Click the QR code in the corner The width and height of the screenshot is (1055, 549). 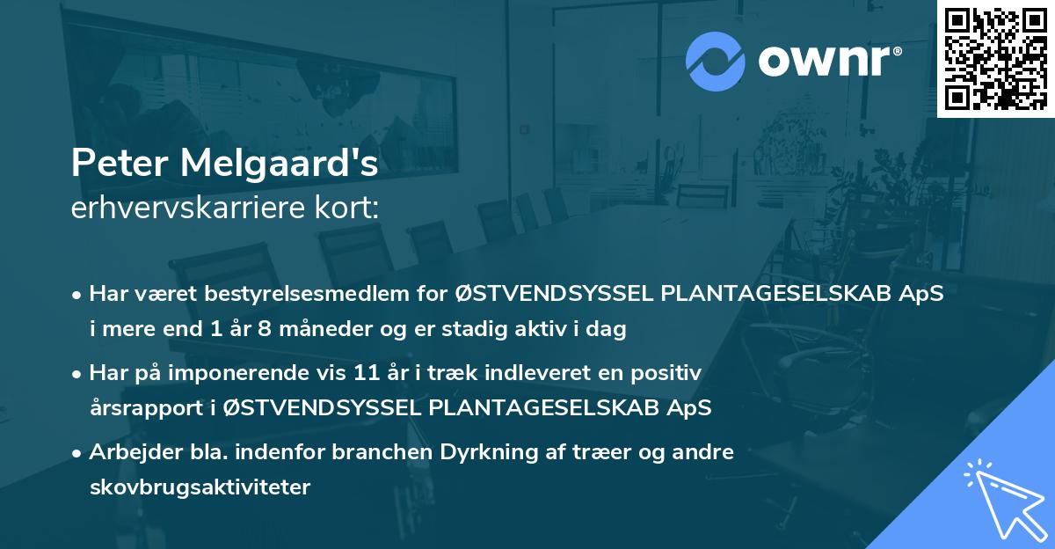pos(995,59)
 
